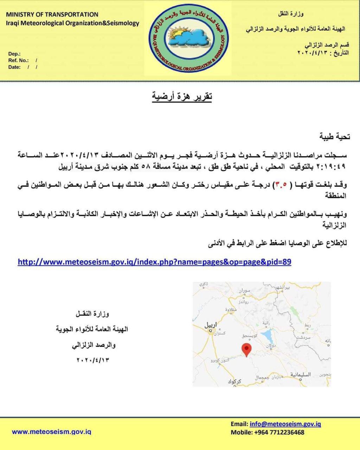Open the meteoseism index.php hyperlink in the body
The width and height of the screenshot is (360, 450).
(x=154, y=262)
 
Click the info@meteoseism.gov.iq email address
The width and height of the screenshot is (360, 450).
(x=285, y=424)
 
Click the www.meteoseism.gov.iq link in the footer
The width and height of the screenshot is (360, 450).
(x=52, y=431)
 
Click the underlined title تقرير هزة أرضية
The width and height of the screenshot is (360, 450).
(x=182, y=96)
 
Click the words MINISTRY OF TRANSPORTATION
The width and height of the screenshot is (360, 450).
(x=52, y=14)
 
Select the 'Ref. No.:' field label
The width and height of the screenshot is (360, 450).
(x=18, y=60)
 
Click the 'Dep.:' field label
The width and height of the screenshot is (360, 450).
(x=14, y=54)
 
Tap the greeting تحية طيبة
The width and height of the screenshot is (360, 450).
(x=334, y=136)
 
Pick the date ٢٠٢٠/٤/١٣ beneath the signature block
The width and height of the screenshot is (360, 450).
(x=92, y=360)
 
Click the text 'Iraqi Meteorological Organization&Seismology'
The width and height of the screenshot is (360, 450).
(x=72, y=23)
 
